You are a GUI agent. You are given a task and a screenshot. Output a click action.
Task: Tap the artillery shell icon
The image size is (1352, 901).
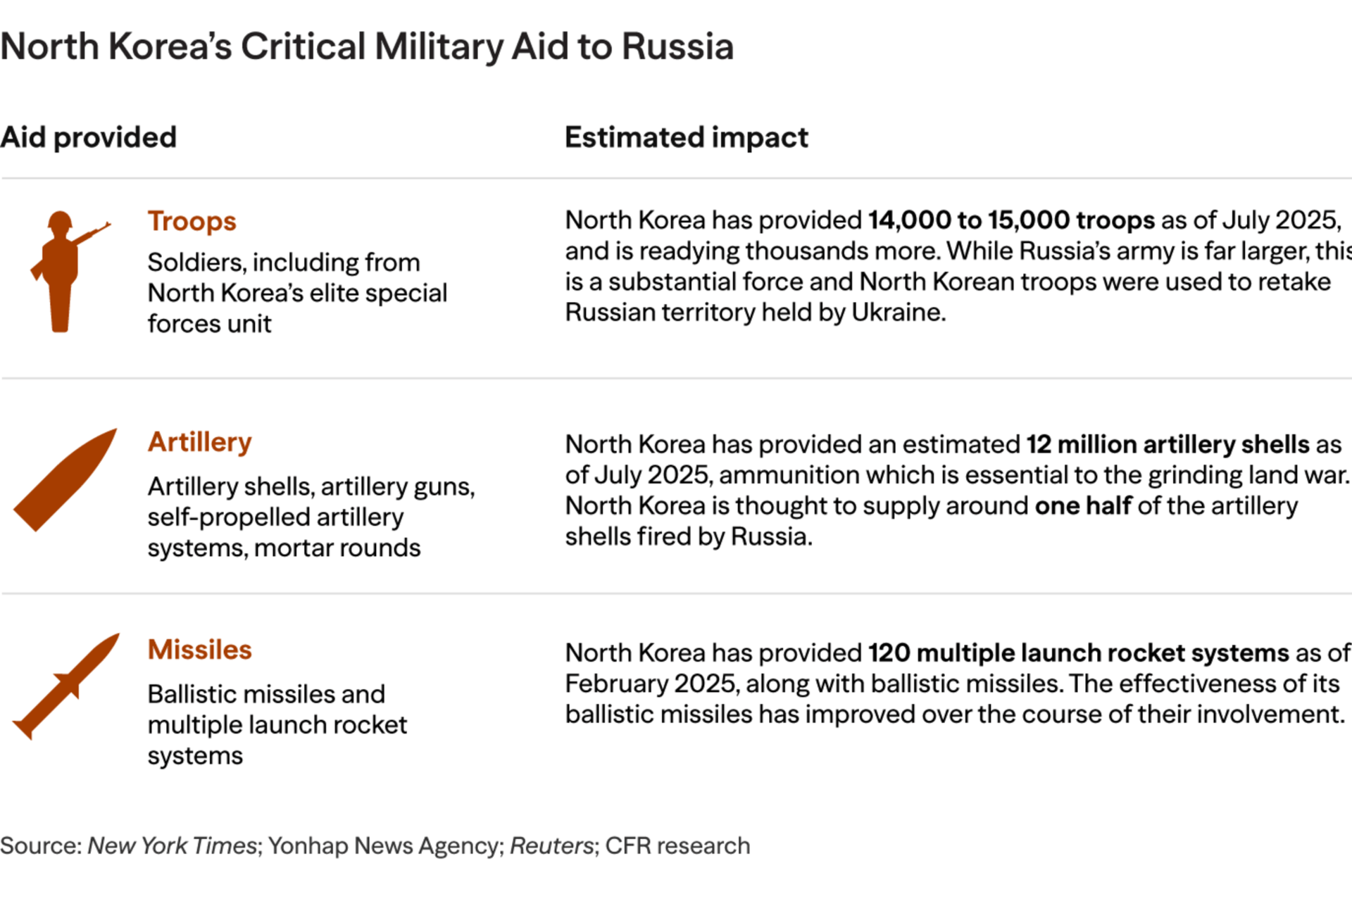tap(65, 480)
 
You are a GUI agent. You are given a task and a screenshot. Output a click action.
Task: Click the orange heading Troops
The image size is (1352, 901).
tap(192, 221)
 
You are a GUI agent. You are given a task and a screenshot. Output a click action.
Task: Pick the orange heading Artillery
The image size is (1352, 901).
tap(199, 442)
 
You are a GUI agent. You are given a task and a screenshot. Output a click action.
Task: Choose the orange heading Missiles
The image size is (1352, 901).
tap(199, 650)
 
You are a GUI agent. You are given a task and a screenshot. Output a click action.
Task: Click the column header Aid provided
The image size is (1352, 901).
tap(89, 137)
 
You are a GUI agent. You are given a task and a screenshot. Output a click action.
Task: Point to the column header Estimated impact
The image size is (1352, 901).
tap(686, 137)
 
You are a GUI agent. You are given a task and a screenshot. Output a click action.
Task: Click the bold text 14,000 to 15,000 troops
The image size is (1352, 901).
tap(1011, 220)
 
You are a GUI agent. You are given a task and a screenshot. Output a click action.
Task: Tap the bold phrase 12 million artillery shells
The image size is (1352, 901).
tap(1168, 444)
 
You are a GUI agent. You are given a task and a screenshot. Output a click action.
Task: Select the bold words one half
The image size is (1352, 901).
tap(1083, 505)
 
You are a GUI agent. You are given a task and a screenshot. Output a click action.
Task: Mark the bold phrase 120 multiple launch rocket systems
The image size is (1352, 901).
tap(1078, 653)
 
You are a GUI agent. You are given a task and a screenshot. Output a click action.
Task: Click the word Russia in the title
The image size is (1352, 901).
tap(677, 47)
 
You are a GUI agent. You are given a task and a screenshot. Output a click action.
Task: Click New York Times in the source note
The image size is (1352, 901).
tap(172, 845)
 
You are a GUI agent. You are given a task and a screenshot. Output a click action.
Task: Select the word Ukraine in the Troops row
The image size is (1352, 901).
tap(896, 312)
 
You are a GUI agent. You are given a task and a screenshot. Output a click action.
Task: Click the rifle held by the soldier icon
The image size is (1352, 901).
tap(92, 233)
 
